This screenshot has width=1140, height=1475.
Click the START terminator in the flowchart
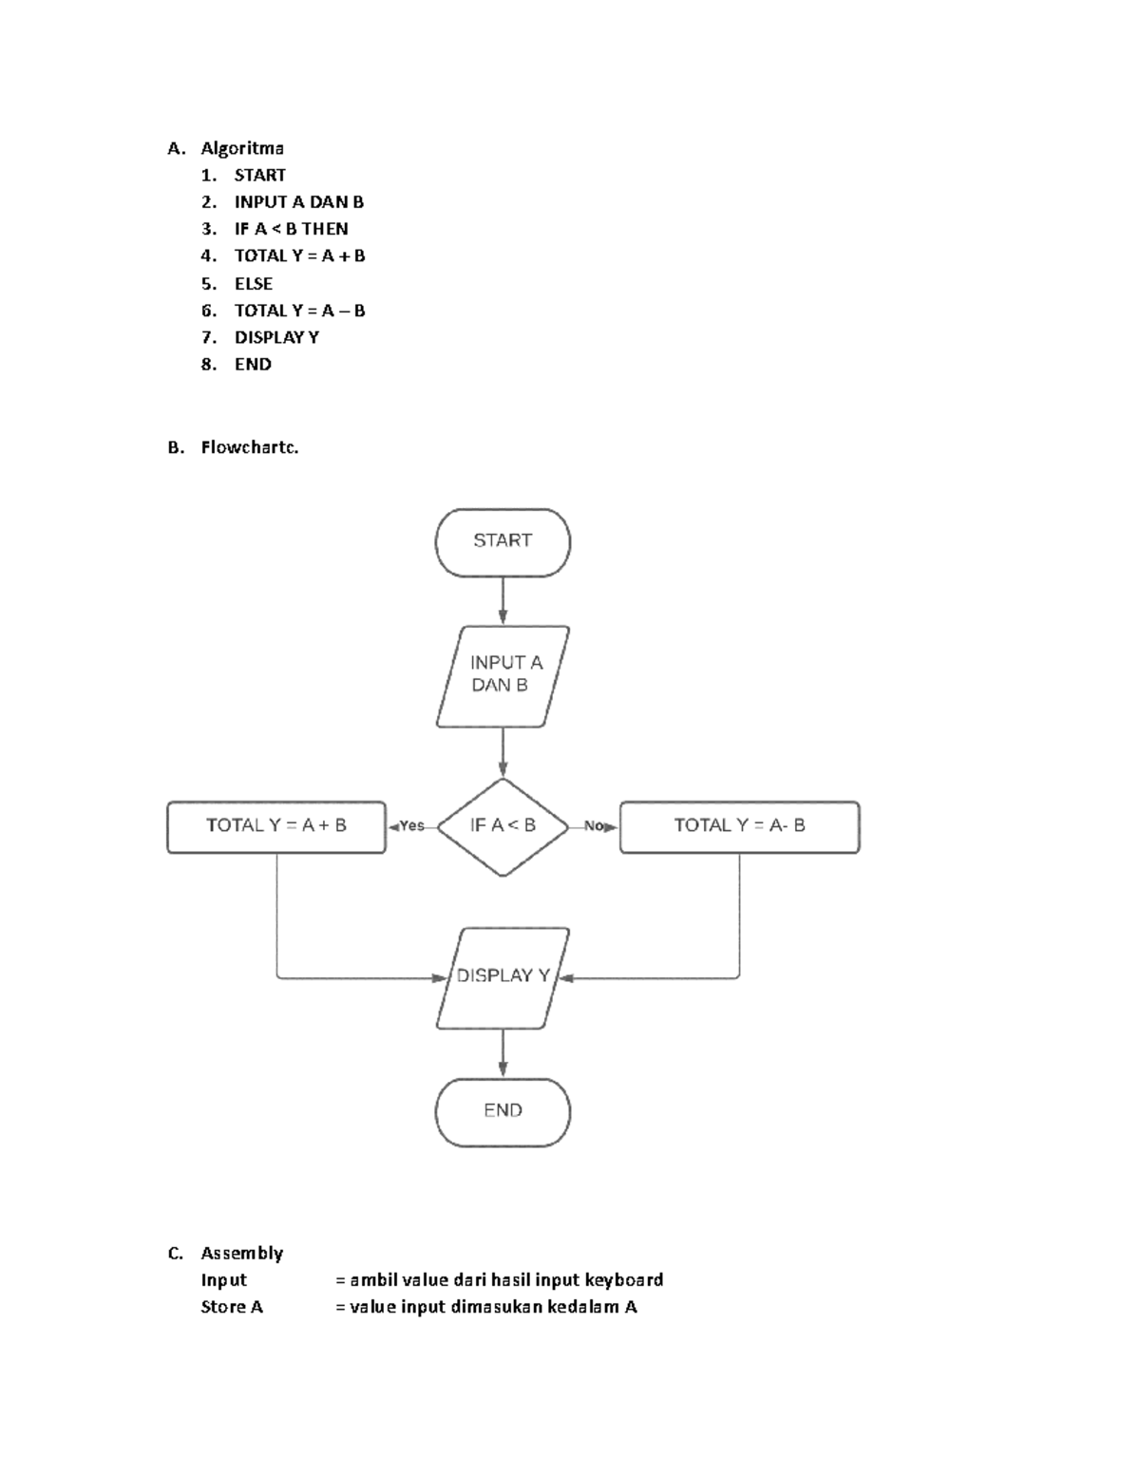point(503,541)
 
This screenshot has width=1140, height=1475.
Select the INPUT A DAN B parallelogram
point(503,675)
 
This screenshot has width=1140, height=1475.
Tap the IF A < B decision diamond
point(503,826)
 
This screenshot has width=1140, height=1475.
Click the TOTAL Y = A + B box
point(276,826)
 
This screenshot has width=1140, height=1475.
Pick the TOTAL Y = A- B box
point(739,826)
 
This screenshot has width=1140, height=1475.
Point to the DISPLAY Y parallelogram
point(503,977)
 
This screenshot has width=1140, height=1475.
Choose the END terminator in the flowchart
point(503,1111)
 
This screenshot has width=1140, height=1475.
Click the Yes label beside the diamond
point(412,826)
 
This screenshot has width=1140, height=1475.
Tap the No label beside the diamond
point(594,826)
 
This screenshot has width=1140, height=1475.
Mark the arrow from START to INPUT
point(503,600)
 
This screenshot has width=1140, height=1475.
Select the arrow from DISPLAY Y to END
point(503,1053)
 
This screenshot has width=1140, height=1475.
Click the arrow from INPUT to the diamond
point(503,753)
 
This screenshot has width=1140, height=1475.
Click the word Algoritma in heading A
point(242,148)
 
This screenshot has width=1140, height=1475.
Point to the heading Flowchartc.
point(250,447)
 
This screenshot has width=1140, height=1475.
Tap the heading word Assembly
point(242,1254)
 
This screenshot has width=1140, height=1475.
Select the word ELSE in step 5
point(254,284)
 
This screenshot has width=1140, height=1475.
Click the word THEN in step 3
point(325,229)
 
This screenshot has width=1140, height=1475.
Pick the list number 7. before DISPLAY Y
point(209,337)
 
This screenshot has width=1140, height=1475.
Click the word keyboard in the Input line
point(624,1280)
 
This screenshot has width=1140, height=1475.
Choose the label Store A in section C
point(232,1307)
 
